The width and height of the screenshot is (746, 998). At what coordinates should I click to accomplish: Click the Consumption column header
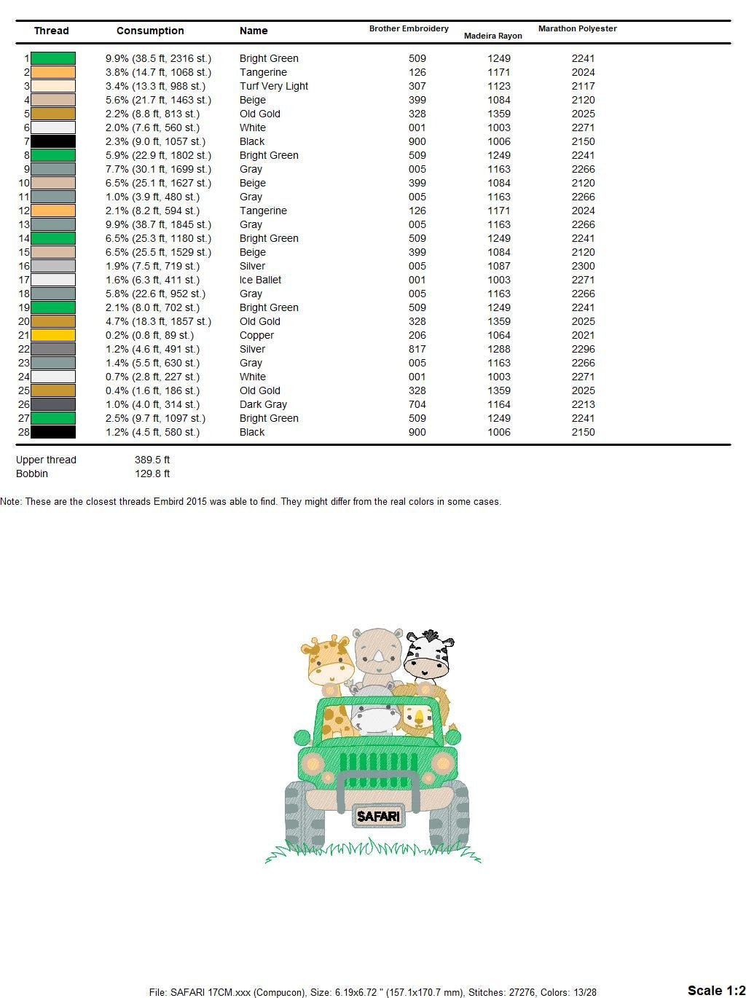click(x=150, y=31)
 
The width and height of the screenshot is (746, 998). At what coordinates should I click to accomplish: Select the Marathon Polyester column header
click(x=577, y=28)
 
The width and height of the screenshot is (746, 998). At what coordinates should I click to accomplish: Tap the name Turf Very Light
click(x=273, y=86)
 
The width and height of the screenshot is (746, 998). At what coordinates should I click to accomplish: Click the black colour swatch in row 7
click(x=53, y=141)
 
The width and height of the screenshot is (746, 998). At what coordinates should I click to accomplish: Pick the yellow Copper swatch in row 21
click(x=53, y=335)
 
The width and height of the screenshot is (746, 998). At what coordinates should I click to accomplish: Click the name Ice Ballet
click(x=260, y=280)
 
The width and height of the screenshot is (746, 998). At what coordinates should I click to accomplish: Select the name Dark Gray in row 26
click(x=263, y=404)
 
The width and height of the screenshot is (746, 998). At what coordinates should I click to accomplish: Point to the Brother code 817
click(x=417, y=349)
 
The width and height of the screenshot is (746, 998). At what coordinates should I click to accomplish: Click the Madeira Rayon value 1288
click(x=499, y=349)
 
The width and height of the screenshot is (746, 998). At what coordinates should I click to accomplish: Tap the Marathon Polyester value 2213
click(x=583, y=404)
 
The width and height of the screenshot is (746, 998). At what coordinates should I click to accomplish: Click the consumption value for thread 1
click(x=158, y=58)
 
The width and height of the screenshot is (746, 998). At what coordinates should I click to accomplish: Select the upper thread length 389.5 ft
click(x=152, y=460)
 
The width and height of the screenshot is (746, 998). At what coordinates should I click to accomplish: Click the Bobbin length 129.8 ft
click(x=152, y=474)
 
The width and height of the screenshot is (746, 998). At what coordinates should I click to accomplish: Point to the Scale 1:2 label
click(x=715, y=990)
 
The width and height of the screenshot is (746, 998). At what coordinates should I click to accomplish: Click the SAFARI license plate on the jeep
click(x=378, y=816)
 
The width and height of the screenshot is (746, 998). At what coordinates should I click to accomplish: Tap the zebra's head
click(x=428, y=654)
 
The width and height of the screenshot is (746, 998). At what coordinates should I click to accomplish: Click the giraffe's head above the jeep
click(x=329, y=659)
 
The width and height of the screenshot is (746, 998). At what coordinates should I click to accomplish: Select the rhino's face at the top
click(x=377, y=651)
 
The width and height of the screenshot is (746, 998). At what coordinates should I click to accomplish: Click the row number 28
click(x=23, y=432)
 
